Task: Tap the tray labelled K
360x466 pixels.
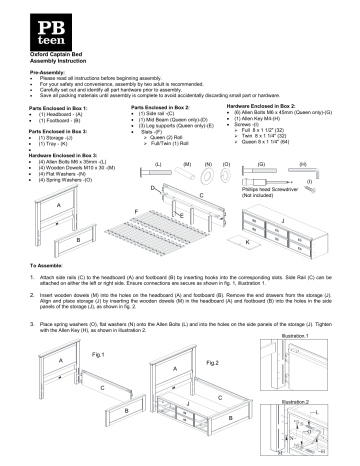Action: coord(248,241)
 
